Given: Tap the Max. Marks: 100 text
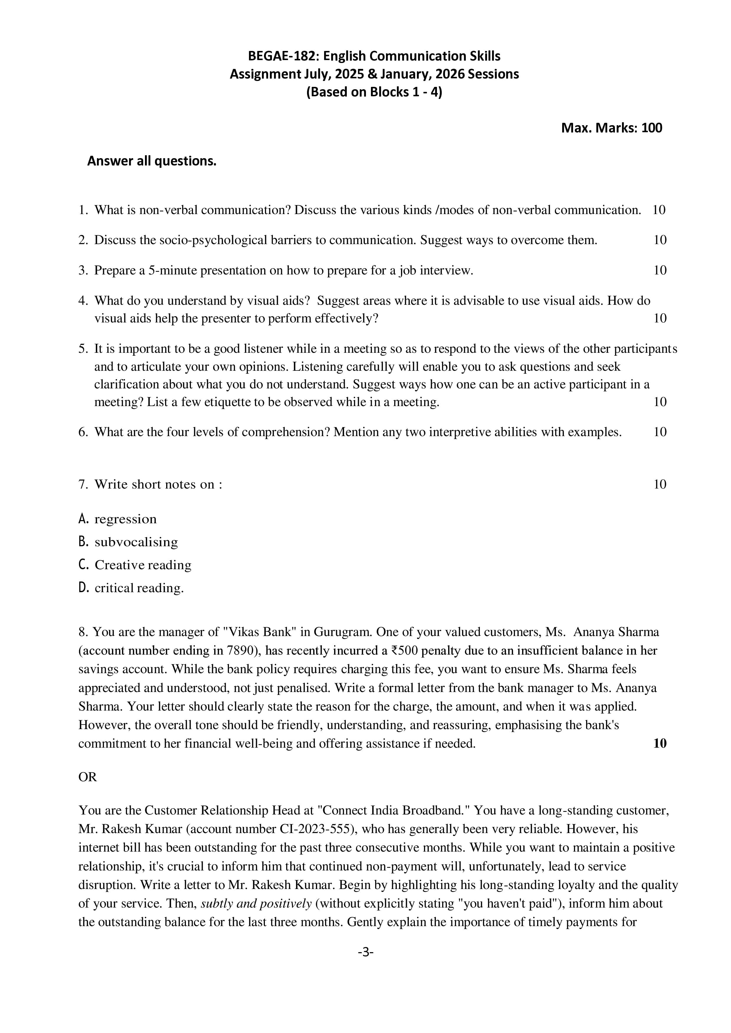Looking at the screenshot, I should click(611, 128).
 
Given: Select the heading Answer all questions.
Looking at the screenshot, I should click(152, 161).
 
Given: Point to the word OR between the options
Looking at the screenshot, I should click(88, 777).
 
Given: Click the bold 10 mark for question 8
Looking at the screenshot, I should click(659, 743).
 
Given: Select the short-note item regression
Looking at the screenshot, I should click(126, 519).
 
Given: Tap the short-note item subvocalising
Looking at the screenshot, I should click(136, 542).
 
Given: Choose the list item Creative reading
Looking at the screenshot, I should click(143, 565).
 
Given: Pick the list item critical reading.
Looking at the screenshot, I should click(139, 588).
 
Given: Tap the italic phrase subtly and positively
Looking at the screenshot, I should click(256, 903).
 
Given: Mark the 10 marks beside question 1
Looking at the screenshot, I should click(659, 210).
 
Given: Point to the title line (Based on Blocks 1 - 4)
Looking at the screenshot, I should click(374, 92).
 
